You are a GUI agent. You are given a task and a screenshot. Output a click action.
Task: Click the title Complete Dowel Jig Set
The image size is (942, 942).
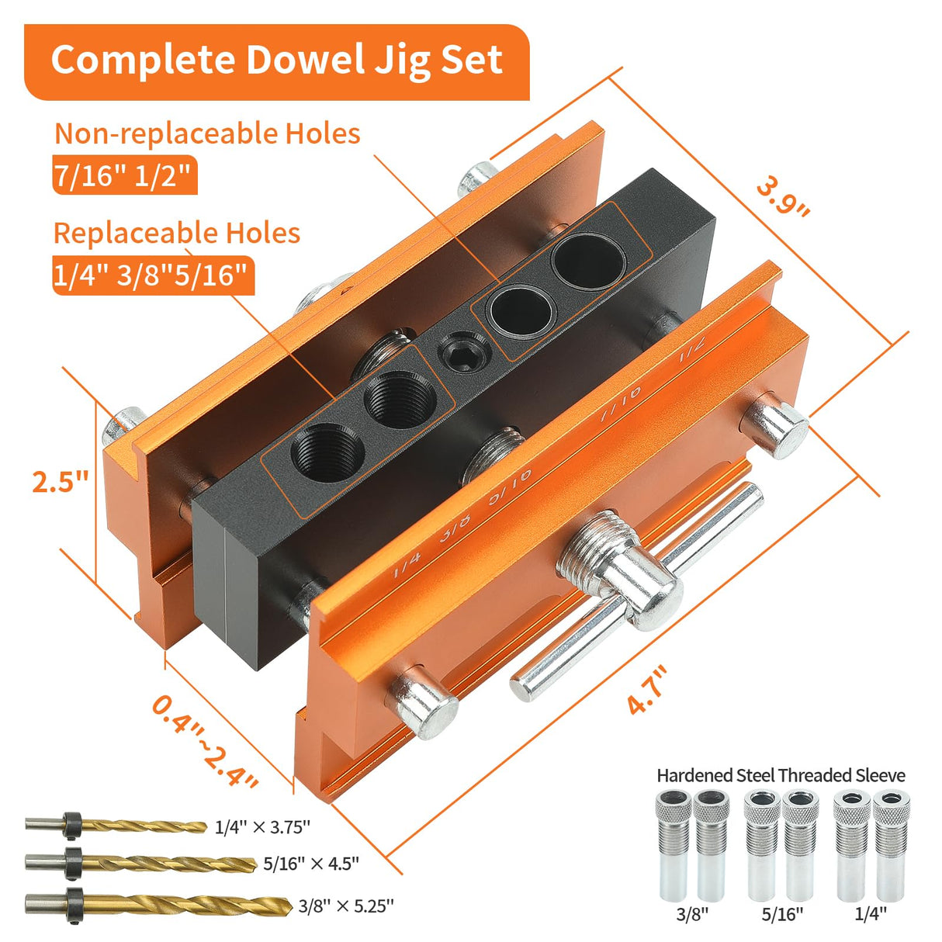pos(276,61)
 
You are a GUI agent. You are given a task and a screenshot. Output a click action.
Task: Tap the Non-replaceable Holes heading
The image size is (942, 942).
pos(207,133)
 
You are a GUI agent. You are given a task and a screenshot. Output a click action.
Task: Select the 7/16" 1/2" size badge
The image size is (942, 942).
pos(123,177)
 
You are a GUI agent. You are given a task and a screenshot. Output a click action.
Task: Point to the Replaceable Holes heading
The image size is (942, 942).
pos(177,233)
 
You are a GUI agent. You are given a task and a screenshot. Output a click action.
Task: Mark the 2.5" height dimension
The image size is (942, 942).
pos(61,481)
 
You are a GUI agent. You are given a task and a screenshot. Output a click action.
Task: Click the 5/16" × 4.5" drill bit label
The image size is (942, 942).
pos(311,864)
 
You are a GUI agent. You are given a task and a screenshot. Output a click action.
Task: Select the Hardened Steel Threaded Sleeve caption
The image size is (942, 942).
pos(781,774)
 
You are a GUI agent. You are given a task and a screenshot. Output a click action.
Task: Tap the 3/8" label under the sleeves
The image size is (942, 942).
pos(692,914)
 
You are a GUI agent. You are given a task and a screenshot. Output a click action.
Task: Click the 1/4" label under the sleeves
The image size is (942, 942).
pos(871,914)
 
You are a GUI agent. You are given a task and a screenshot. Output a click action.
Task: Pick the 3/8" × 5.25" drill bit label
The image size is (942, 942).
pos(346,905)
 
